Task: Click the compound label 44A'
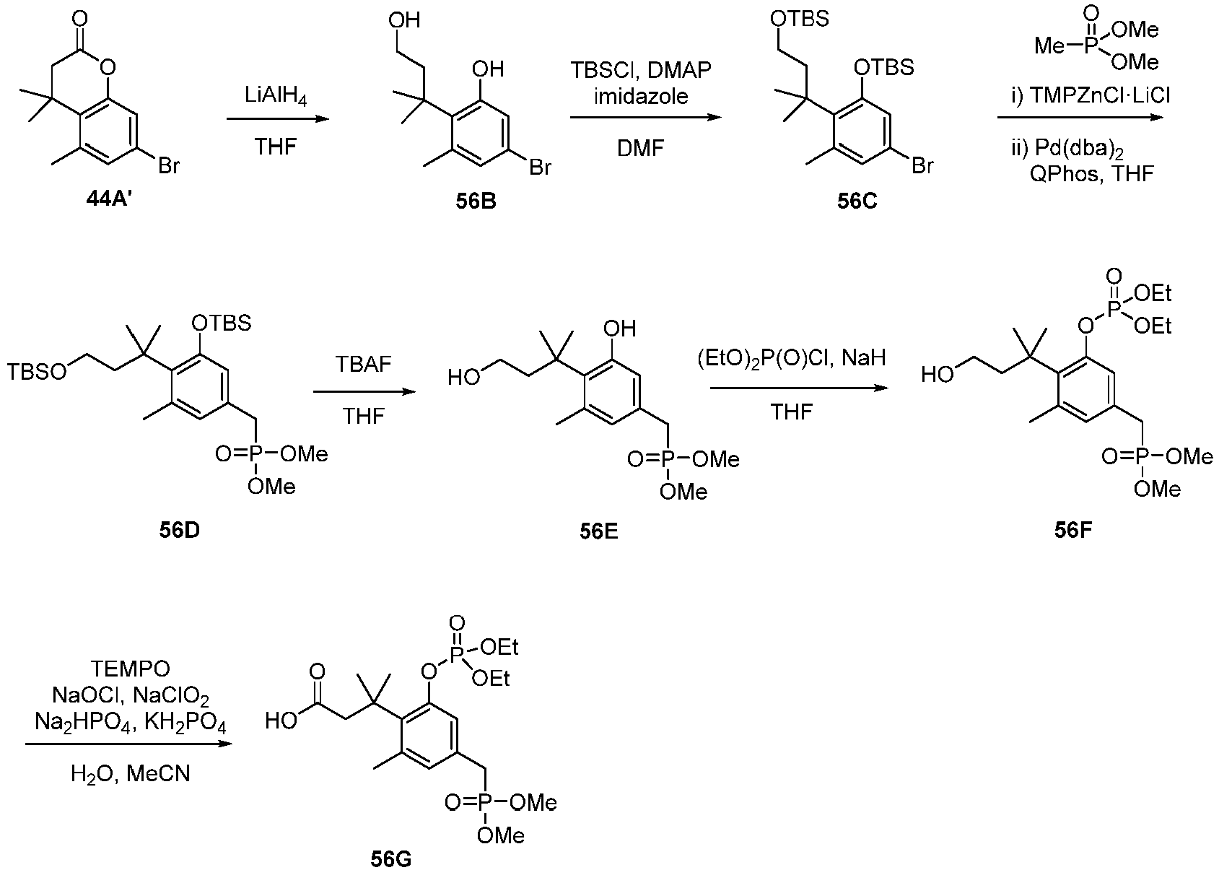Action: tap(110, 200)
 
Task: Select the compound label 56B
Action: tap(476, 201)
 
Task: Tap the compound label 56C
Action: tap(857, 201)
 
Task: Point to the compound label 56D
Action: tap(180, 530)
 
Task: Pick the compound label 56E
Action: tap(598, 531)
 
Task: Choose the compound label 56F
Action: tap(1073, 530)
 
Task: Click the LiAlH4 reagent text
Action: tap(276, 97)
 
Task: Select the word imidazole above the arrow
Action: tap(641, 96)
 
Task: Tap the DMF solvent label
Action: tap(640, 148)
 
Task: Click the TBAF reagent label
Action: tap(363, 364)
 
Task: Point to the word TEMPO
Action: tap(130, 669)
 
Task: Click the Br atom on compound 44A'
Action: tap(168, 165)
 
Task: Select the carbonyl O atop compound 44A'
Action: tap(79, 19)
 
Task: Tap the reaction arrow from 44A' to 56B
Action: tap(278, 119)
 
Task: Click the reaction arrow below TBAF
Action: tap(364, 391)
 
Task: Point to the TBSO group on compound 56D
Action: tap(36, 373)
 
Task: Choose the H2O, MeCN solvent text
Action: tap(131, 774)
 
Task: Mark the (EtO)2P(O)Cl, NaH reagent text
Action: tap(792, 357)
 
